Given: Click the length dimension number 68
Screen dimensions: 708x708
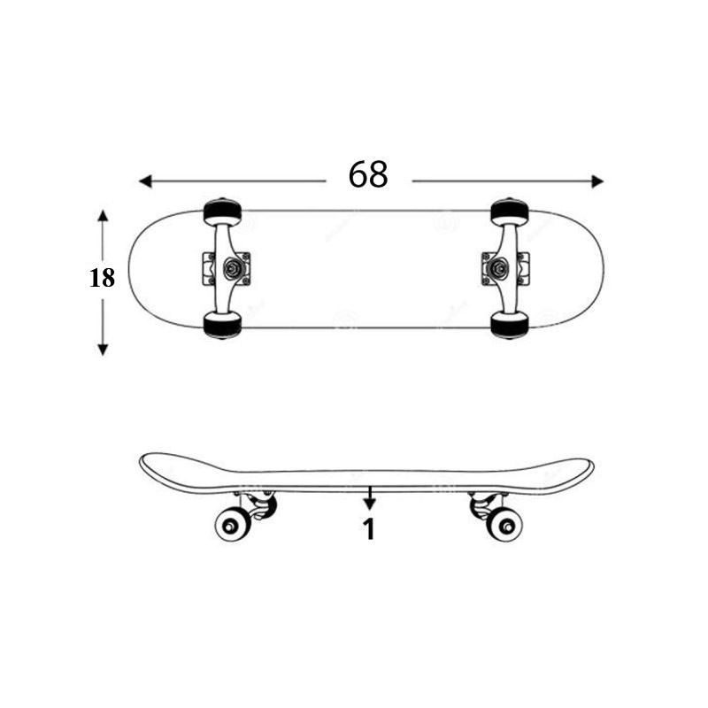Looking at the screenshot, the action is tap(368, 174).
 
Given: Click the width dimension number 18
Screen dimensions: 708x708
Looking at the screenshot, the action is tap(102, 278).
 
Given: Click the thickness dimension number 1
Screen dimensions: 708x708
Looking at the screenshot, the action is tap(369, 529).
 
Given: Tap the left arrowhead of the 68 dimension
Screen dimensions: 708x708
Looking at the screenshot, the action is tap(145, 181).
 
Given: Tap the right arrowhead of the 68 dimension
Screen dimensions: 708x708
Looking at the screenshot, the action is tap(597, 181).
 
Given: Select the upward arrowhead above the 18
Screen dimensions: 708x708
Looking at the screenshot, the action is tap(103, 216).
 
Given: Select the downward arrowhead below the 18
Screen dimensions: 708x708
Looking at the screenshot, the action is tap(103, 349).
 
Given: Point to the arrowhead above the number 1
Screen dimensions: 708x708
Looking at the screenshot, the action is tap(370, 504).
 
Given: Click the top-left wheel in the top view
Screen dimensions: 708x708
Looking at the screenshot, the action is tap(222, 212).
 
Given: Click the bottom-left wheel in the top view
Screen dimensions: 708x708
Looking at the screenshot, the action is tap(222, 325).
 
